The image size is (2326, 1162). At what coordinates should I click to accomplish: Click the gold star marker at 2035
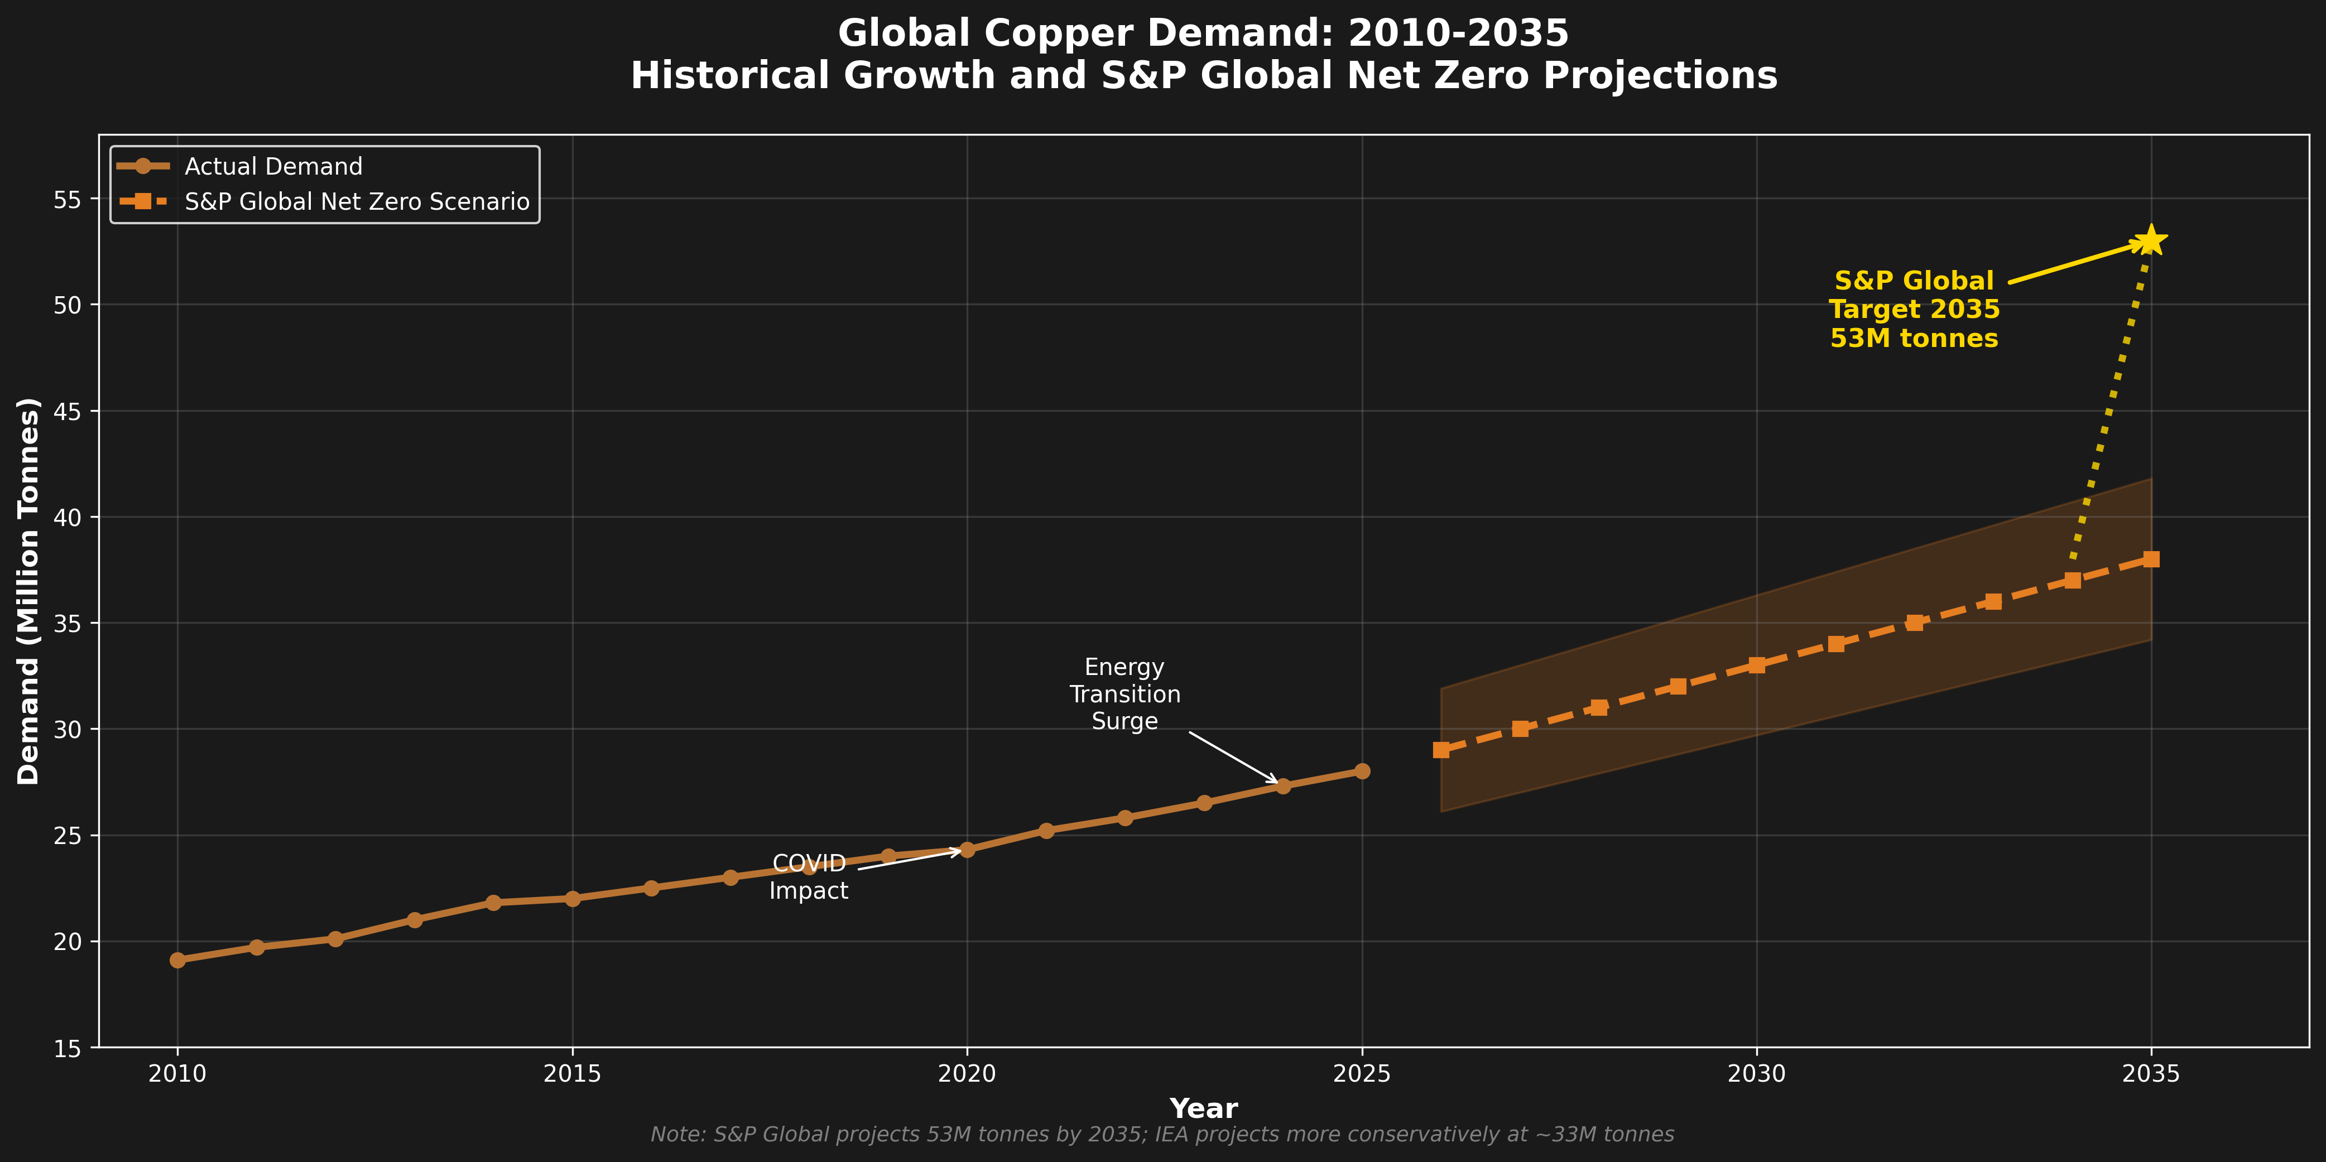pos(2151,240)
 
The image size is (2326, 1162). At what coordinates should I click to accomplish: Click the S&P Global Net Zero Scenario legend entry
pos(357,201)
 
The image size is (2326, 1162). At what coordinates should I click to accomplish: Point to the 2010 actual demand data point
pos(178,960)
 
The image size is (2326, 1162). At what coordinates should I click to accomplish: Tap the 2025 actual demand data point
pos(1362,771)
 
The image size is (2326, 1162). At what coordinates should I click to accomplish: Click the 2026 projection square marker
pos(1441,749)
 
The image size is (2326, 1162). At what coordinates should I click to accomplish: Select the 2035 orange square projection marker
pos(2151,559)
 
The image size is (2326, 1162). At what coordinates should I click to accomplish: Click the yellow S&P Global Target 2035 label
pos(1914,310)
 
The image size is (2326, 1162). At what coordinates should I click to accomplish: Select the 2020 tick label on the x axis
pos(967,1073)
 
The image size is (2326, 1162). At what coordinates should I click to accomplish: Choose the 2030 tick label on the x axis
pos(1756,1073)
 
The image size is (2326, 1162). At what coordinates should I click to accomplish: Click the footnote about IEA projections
pos(1162,1134)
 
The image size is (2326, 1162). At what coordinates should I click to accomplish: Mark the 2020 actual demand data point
pos(967,850)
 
